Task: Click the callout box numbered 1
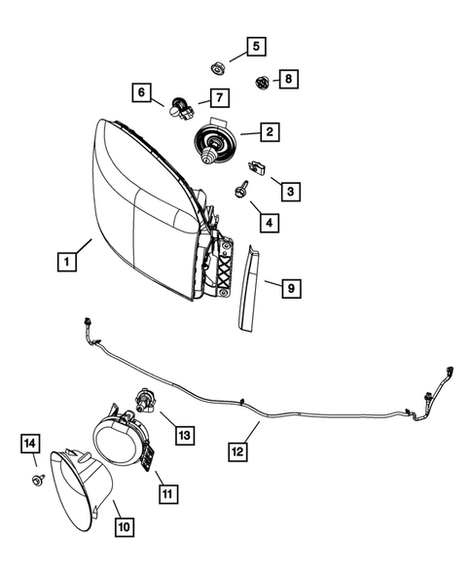(x=66, y=262)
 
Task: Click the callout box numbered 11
(x=166, y=494)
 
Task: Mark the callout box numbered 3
(x=290, y=192)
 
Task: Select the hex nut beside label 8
(x=261, y=81)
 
